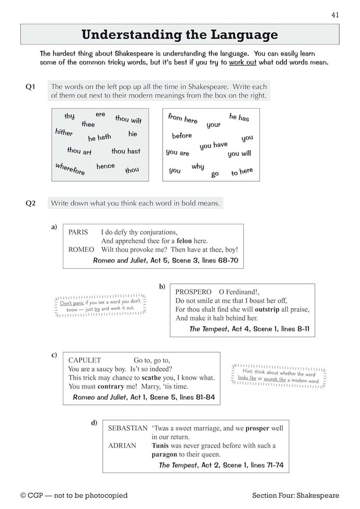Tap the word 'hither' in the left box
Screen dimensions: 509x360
point(64,132)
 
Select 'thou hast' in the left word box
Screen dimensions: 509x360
point(126,151)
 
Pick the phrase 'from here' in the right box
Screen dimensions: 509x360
point(182,119)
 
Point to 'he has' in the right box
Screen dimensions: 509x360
point(239,117)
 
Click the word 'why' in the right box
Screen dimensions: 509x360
point(198,166)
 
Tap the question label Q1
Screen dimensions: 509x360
point(30,87)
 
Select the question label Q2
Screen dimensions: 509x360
point(30,203)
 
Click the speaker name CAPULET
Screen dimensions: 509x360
point(84,359)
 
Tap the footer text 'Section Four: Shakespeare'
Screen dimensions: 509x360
point(296,496)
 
